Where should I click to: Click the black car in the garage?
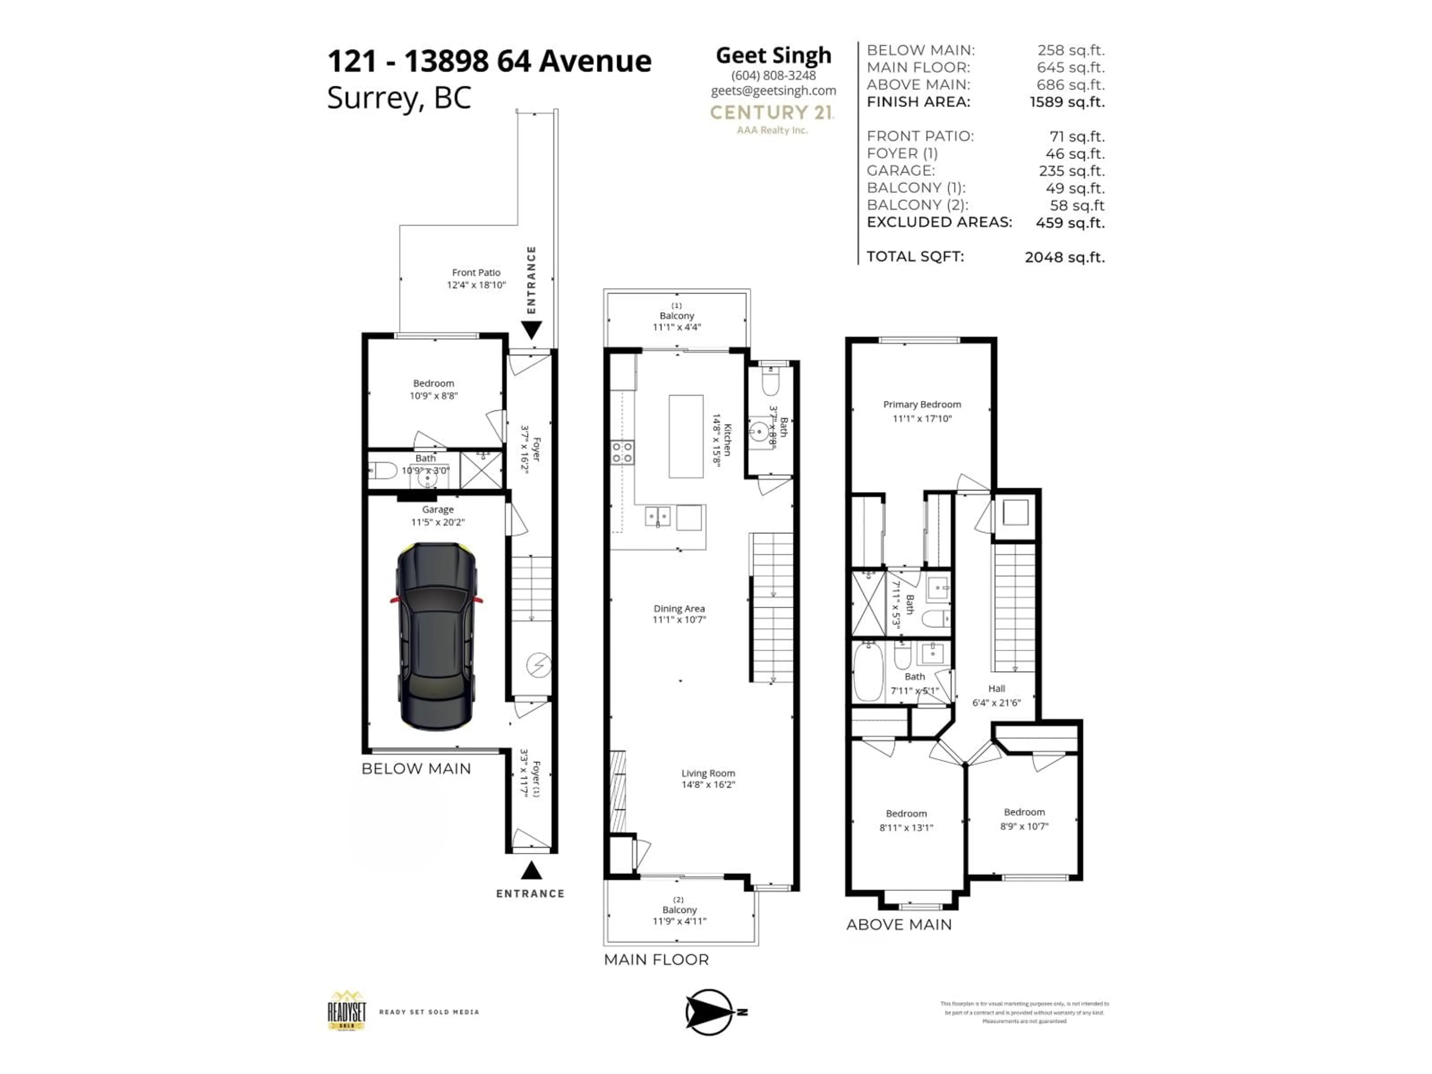436,636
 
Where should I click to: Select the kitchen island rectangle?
685,436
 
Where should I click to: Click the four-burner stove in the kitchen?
622,452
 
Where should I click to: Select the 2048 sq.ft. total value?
1064,257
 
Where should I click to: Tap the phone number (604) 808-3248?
773,75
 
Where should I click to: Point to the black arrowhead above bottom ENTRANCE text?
531,871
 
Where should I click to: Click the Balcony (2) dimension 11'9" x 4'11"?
679,921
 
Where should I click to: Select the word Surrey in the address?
373,98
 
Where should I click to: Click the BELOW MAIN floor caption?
416,769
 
